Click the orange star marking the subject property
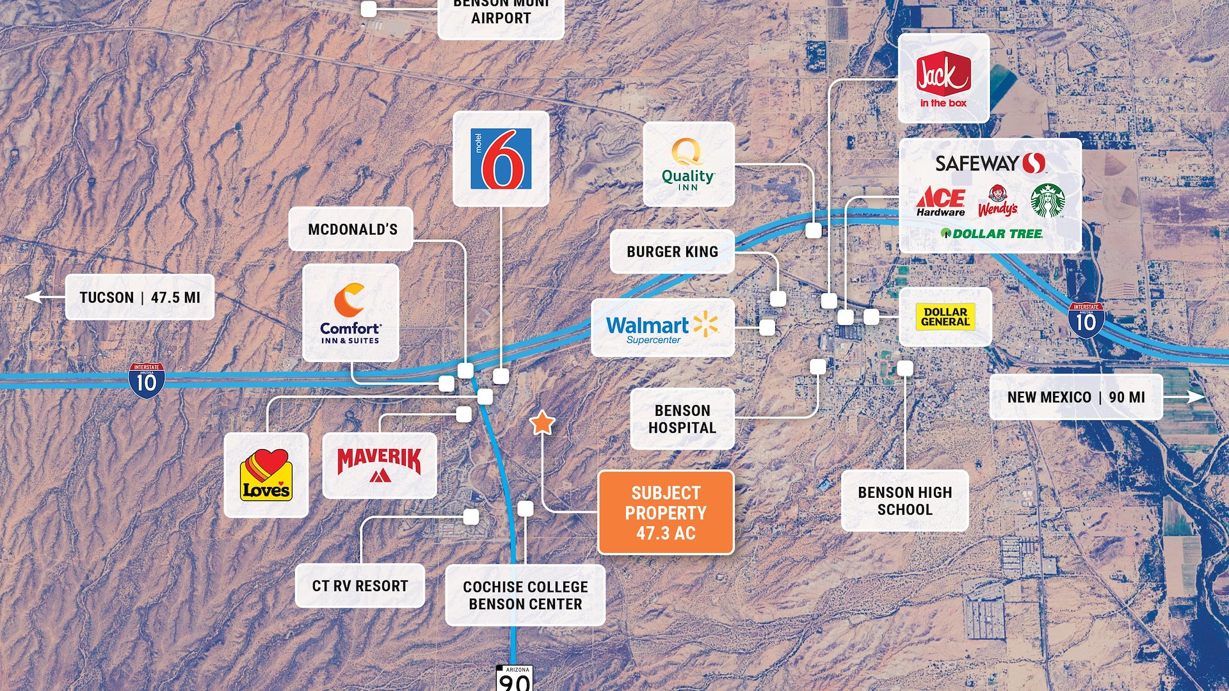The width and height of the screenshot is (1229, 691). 542,422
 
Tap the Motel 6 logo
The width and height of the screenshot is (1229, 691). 501,159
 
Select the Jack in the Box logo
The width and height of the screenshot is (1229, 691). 943,79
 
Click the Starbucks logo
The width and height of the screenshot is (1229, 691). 1047,200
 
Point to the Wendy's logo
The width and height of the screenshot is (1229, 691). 997,201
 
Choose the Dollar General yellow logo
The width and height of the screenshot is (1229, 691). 945,317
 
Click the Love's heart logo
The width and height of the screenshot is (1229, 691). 266,475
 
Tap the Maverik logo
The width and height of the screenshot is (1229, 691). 380,465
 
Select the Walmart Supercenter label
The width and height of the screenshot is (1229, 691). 662,328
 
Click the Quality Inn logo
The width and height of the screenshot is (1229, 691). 688,164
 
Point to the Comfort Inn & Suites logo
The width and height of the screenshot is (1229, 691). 350,313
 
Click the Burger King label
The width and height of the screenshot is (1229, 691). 672,251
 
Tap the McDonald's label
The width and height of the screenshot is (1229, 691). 351,229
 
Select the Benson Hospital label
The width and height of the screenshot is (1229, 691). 682,419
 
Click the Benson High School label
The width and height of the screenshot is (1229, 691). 904,500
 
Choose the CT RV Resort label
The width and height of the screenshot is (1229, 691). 360,585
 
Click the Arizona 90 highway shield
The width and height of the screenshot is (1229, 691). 514,678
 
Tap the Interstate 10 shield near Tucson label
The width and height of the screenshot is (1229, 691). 147,381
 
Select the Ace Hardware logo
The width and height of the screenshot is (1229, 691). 941,202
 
